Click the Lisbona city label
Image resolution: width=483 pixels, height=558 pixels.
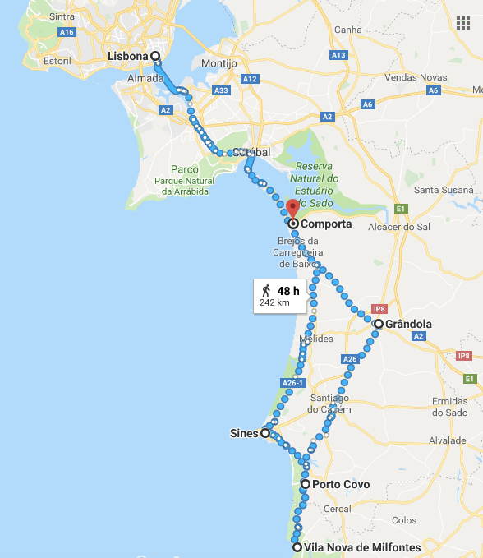(x=128, y=56)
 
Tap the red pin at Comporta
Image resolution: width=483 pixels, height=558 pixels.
(x=292, y=208)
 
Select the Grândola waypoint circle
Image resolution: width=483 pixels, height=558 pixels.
(x=378, y=324)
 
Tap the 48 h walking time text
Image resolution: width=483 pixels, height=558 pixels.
(x=288, y=291)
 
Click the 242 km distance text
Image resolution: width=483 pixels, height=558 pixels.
(x=274, y=302)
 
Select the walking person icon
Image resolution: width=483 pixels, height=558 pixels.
(x=266, y=291)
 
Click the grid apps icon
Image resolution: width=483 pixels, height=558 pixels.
(x=462, y=21)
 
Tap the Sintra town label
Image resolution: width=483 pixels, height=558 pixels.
(x=62, y=16)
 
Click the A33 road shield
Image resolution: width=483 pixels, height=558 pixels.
(x=221, y=90)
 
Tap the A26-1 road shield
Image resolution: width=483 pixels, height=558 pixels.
(x=292, y=383)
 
